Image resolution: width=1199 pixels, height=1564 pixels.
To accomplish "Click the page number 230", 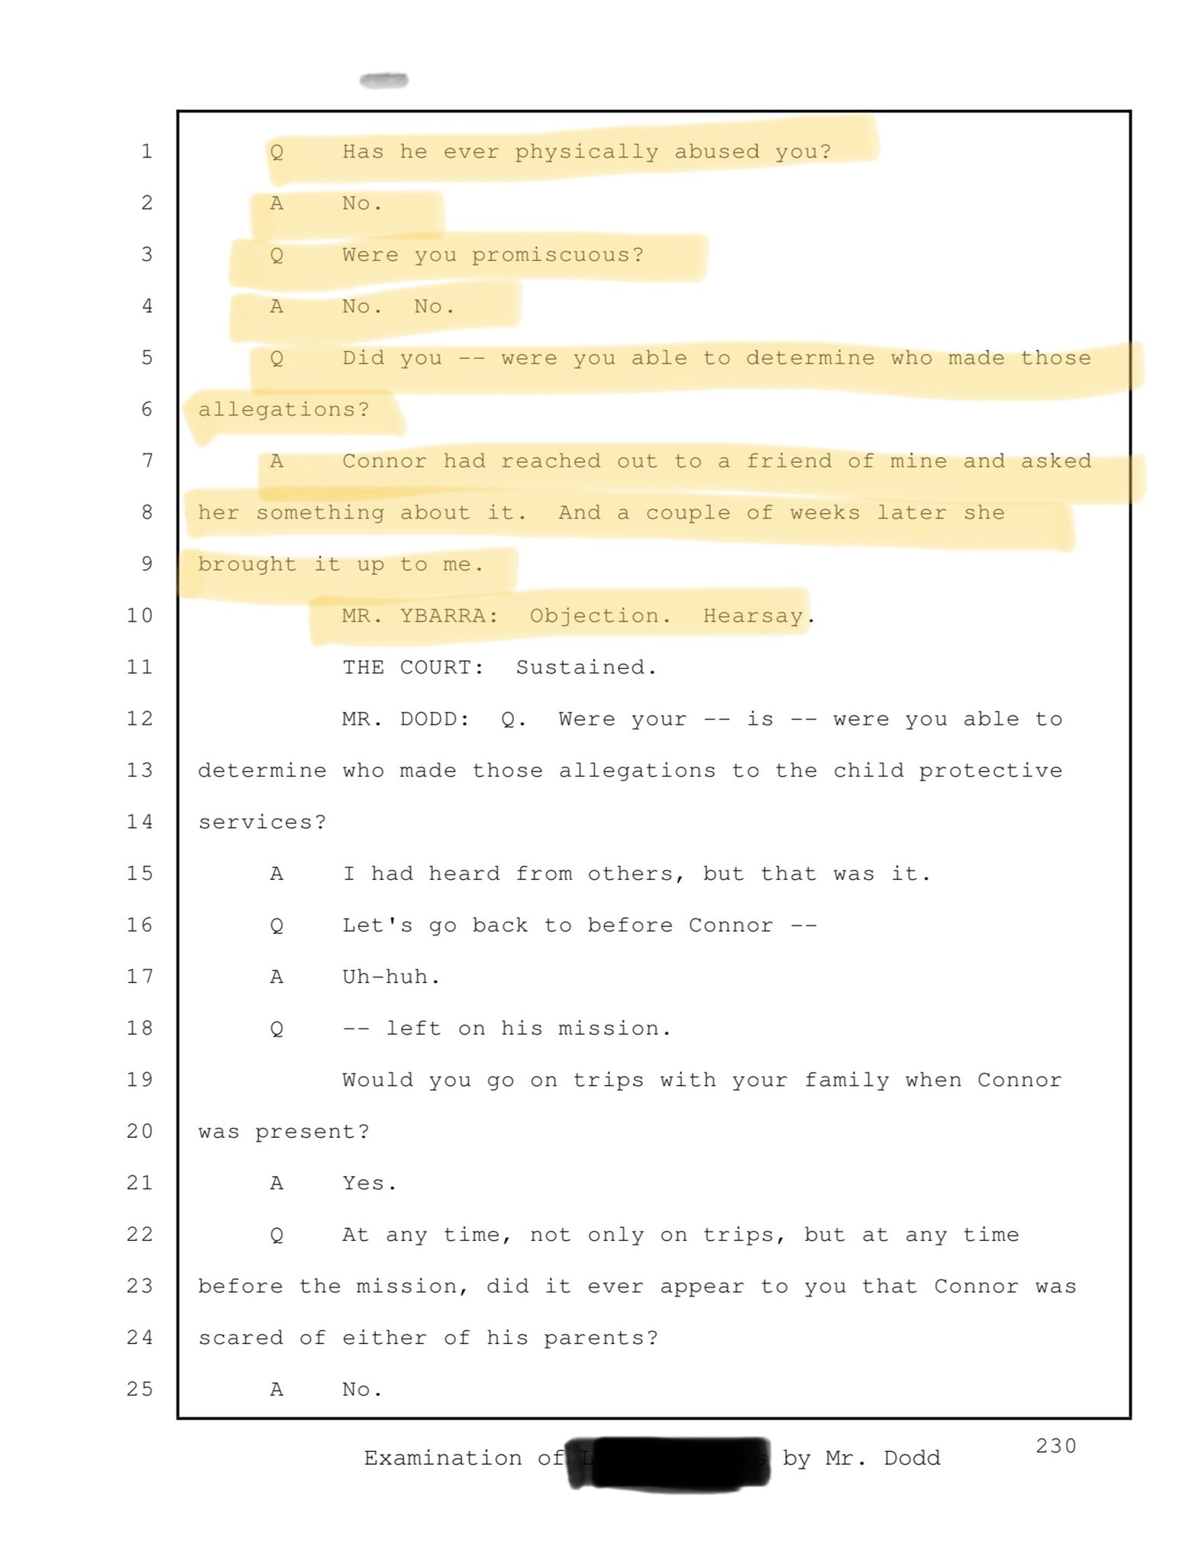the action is pyautogui.click(x=1055, y=1446).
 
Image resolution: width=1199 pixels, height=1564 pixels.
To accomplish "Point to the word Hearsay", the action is pyautogui.click(x=753, y=616).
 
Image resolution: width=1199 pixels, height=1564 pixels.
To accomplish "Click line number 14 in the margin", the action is pyautogui.click(x=140, y=822).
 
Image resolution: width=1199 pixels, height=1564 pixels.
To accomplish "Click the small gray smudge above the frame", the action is pyautogui.click(x=383, y=80).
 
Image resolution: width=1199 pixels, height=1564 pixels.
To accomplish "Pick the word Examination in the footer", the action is pyautogui.click(x=442, y=1458).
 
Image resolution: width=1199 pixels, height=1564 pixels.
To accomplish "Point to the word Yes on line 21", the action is pyautogui.click(x=363, y=1183).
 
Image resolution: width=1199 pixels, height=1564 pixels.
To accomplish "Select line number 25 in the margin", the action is pyautogui.click(x=140, y=1389).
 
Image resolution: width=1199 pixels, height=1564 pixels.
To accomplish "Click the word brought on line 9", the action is pyautogui.click(x=246, y=564).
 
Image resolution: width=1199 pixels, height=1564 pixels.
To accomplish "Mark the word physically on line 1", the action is pyautogui.click(x=586, y=152).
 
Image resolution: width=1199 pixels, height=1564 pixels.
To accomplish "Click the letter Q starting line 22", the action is pyautogui.click(x=276, y=1235).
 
